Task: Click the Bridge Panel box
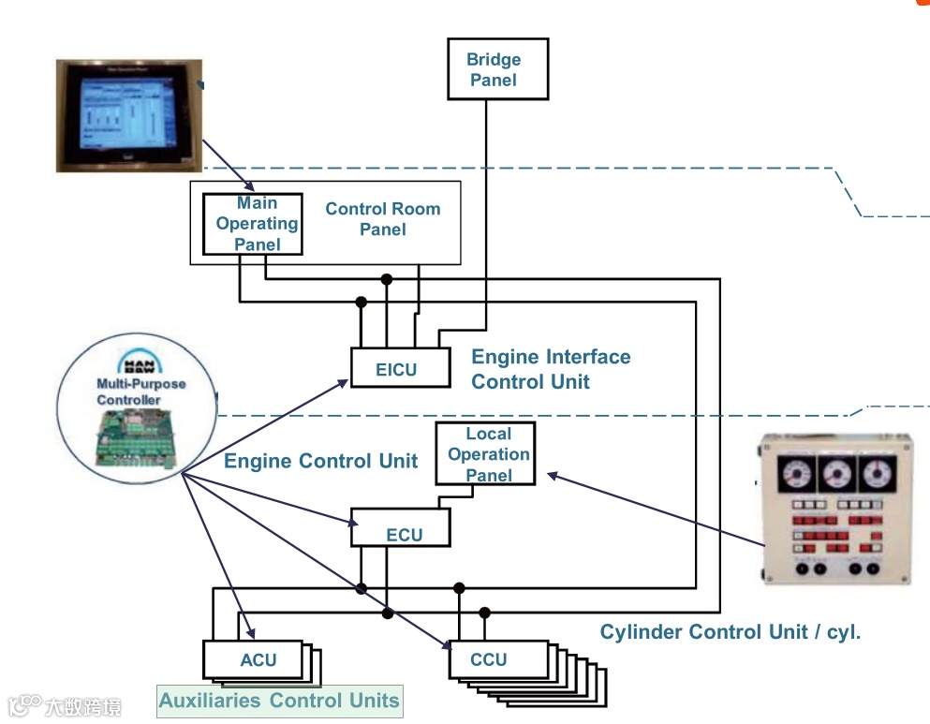(x=496, y=69)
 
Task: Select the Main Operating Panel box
(x=254, y=224)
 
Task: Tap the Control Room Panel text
(x=382, y=219)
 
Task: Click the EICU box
(x=395, y=368)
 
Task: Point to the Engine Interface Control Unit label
(x=550, y=369)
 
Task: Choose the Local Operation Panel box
(x=485, y=453)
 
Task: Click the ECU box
(x=401, y=528)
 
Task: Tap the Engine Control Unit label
(x=320, y=462)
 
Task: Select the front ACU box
(x=253, y=659)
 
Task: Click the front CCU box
(x=497, y=659)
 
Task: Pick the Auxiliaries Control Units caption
(x=279, y=701)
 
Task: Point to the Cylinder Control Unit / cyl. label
(x=730, y=632)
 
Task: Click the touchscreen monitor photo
(x=128, y=115)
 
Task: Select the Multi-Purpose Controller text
(x=140, y=392)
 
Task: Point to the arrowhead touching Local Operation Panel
(x=551, y=475)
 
